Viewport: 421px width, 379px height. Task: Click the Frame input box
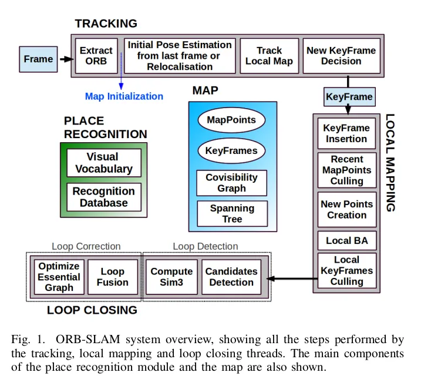click(38, 59)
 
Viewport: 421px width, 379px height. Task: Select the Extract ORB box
click(96, 56)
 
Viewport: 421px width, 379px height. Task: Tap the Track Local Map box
click(269, 56)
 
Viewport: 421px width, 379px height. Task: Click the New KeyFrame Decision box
click(341, 56)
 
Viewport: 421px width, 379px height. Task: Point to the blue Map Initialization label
click(124, 96)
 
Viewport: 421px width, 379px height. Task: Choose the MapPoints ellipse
click(231, 120)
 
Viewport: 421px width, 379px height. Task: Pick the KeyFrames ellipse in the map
click(231, 150)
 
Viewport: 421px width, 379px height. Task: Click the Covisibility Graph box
click(231, 183)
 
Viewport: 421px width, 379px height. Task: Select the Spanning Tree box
click(231, 214)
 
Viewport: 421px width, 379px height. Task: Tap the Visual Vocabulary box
click(104, 163)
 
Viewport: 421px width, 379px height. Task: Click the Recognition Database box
click(104, 197)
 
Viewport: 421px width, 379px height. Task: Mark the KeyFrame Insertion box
click(346, 133)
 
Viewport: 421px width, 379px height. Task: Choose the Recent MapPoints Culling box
click(346, 170)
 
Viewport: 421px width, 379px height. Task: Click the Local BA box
click(346, 240)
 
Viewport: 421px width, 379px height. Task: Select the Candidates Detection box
click(231, 277)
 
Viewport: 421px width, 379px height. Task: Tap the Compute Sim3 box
click(171, 277)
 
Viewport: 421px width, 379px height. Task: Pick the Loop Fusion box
click(113, 277)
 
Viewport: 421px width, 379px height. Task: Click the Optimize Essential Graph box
click(59, 277)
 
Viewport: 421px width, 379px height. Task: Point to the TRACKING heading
click(106, 24)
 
